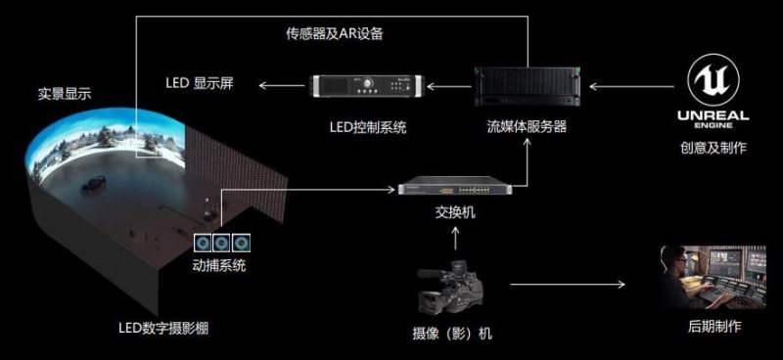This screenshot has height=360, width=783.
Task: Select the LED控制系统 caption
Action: (x=369, y=127)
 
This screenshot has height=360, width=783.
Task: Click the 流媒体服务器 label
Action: (x=528, y=127)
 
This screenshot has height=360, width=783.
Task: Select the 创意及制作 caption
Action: (x=713, y=150)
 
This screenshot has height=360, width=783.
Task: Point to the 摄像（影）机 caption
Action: (x=452, y=333)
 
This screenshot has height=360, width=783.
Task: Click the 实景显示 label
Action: (x=65, y=94)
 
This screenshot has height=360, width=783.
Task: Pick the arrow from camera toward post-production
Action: (x=568, y=285)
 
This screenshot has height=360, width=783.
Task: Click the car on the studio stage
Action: (x=95, y=182)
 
